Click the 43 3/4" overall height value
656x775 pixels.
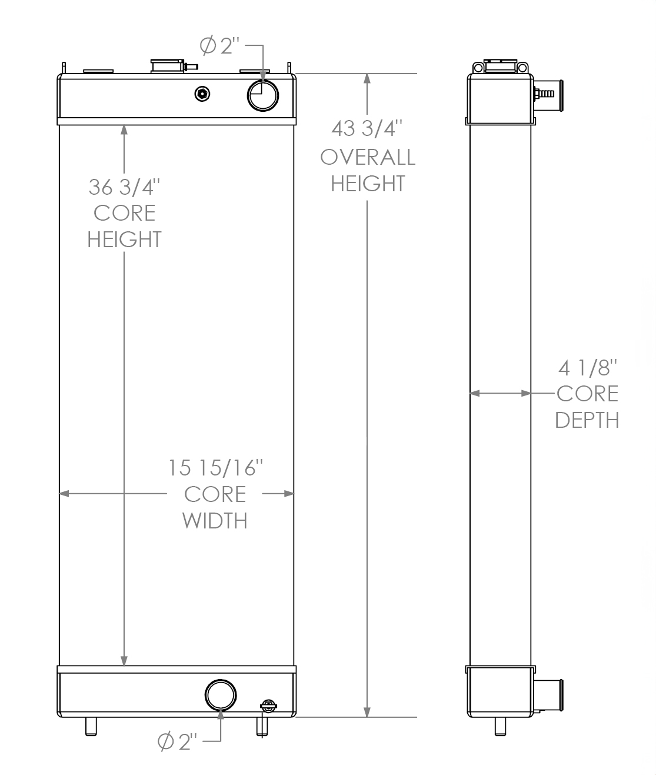(367, 128)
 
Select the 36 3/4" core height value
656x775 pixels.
(124, 187)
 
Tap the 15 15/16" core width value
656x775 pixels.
(215, 468)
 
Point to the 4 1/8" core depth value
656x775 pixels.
(587, 368)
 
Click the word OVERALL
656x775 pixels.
(368, 157)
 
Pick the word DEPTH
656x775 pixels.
(587, 420)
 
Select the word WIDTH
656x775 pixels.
(215, 521)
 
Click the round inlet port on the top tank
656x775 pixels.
(262, 95)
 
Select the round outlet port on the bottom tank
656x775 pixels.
(221, 695)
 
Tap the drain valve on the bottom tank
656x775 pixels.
(267, 706)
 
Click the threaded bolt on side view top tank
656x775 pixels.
(545, 93)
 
